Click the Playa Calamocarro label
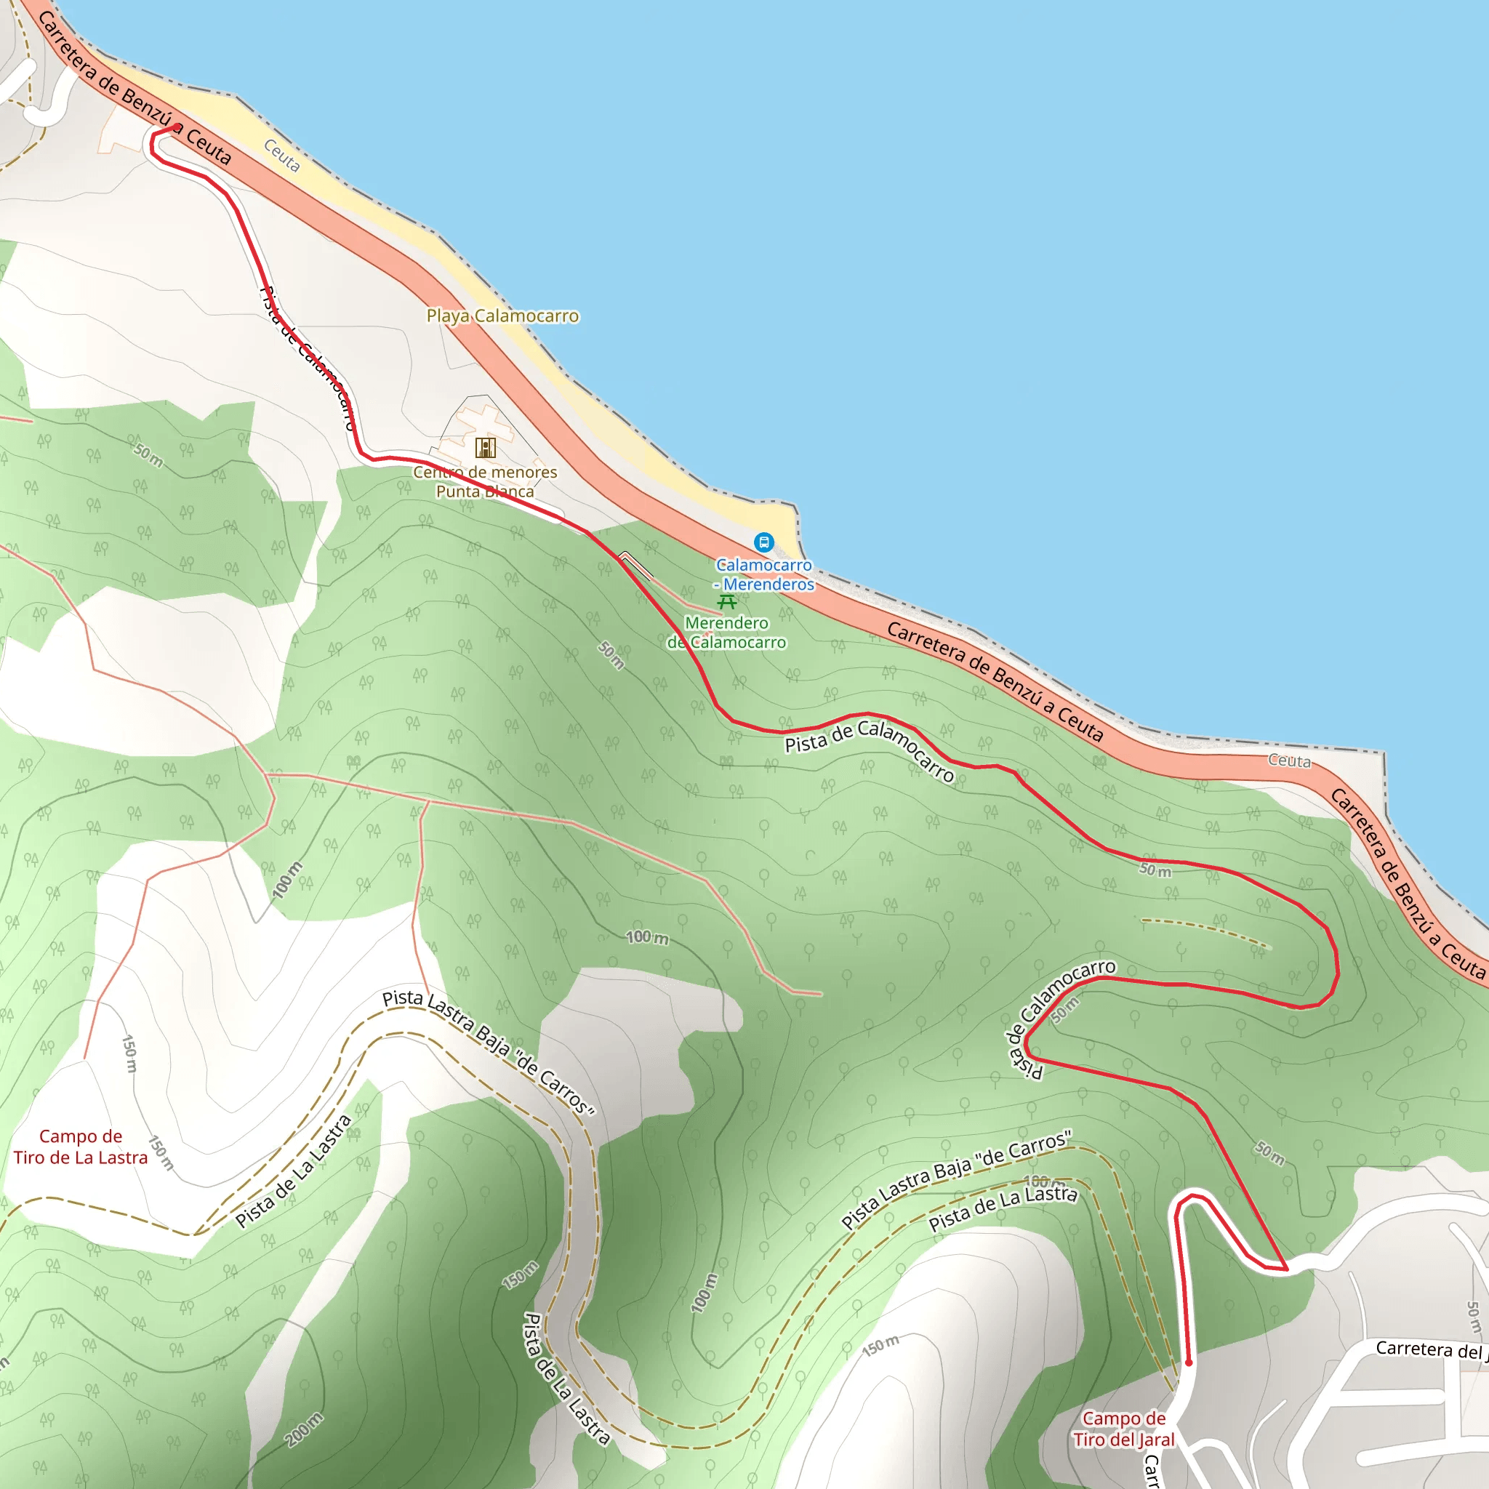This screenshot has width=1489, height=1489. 502,316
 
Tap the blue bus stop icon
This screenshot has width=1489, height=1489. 764,542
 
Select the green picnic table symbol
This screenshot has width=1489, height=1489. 727,602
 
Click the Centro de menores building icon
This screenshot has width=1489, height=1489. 486,448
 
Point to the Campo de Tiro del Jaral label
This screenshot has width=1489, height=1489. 1124,1428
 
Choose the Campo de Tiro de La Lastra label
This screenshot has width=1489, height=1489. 80,1147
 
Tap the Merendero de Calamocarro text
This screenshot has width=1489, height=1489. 727,633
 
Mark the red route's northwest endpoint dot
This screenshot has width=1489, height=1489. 177,127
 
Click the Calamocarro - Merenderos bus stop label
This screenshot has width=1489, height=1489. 764,575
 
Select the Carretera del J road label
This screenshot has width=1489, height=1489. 1430,1349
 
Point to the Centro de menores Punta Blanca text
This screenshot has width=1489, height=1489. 485,482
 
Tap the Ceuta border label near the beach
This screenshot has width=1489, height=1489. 282,156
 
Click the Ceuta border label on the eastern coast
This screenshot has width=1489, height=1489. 1289,760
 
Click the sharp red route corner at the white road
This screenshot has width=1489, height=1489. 1286,1269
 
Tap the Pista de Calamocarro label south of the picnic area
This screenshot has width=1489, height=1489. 870,748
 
